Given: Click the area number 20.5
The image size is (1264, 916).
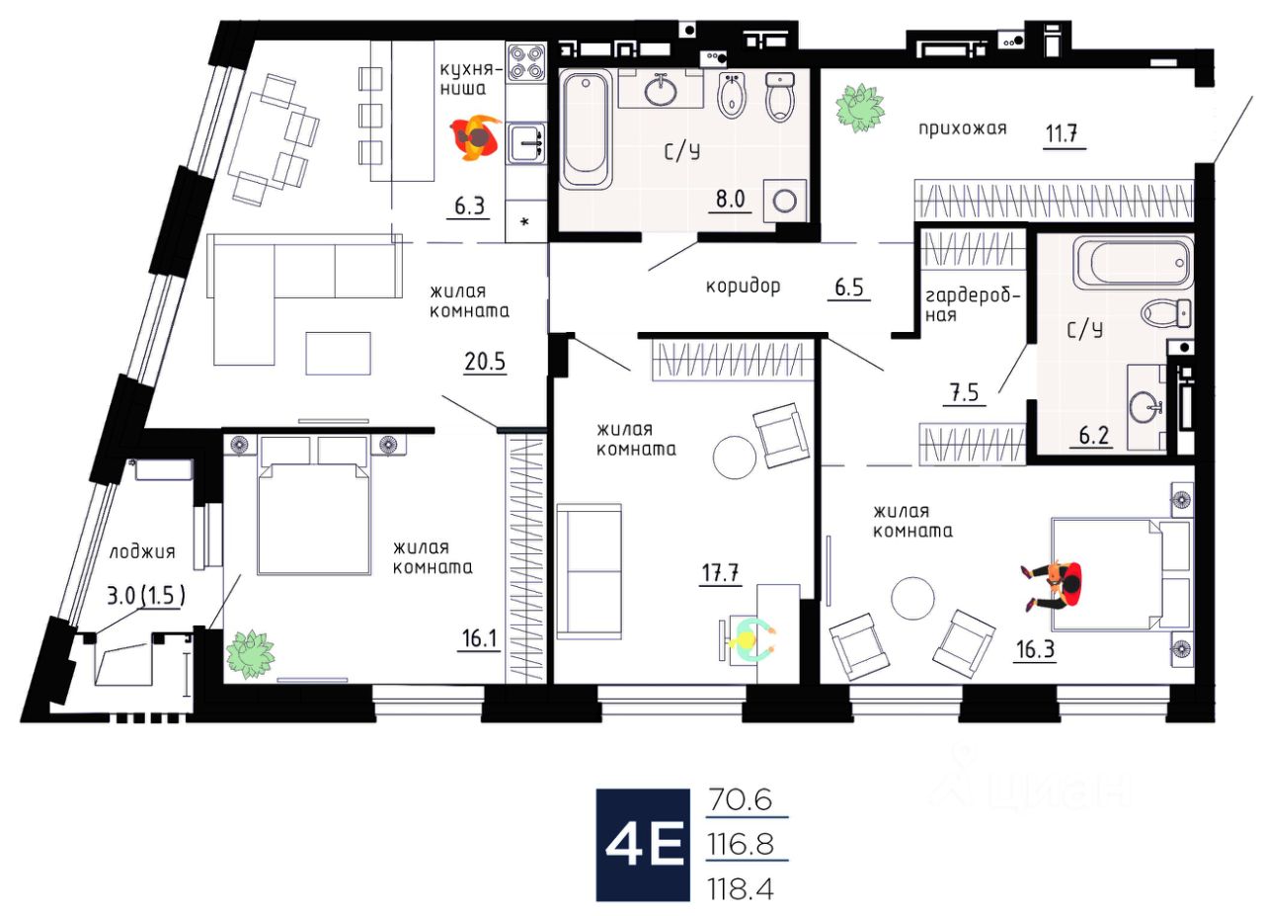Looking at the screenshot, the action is pyautogui.click(x=485, y=361).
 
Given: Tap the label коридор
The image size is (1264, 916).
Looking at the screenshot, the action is pyautogui.click(x=743, y=287).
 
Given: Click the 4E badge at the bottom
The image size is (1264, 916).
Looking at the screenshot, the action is pyautogui.click(x=640, y=846).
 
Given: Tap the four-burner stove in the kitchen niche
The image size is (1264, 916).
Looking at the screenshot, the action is pyautogui.click(x=525, y=62).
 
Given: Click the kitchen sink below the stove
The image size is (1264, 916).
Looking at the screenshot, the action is pyautogui.click(x=525, y=142).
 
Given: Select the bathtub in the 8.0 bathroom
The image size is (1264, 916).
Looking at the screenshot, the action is pyautogui.click(x=588, y=128).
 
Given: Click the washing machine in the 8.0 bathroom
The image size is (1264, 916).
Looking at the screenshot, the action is pyautogui.click(x=785, y=201).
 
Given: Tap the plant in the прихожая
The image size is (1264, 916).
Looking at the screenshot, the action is pyautogui.click(x=859, y=108).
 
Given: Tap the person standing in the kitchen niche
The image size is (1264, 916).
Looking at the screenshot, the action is pyautogui.click(x=476, y=136).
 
